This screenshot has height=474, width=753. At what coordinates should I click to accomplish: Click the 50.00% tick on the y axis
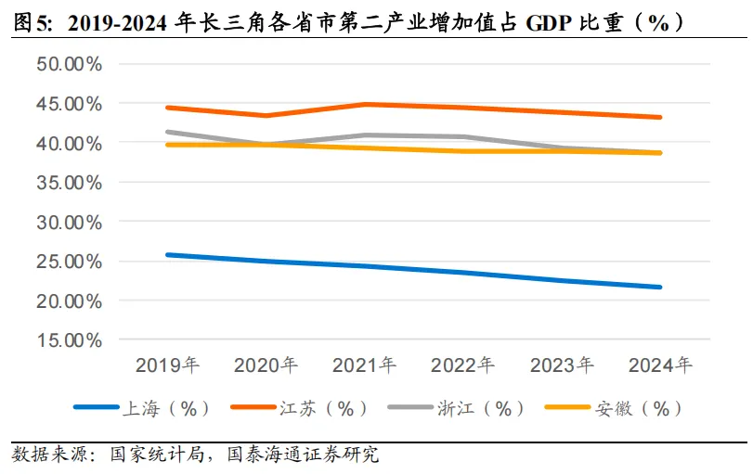click(x=69, y=64)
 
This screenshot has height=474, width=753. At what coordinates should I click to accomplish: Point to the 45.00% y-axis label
click(x=69, y=104)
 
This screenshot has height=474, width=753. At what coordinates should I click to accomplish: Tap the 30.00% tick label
click(x=69, y=223)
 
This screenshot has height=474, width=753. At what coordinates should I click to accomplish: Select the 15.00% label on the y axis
click(x=69, y=340)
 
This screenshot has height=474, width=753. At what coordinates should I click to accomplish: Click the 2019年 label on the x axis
click(x=167, y=365)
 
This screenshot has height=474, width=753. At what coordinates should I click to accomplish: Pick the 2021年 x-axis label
click(x=365, y=365)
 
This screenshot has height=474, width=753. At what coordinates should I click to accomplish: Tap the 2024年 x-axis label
click(x=660, y=365)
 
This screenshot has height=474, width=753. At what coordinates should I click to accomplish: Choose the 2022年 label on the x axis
click(x=463, y=365)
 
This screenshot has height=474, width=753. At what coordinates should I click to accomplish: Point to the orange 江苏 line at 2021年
click(x=365, y=104)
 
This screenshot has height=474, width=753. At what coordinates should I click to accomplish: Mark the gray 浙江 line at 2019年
click(x=167, y=132)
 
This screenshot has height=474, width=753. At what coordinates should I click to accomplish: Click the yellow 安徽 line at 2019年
click(x=167, y=145)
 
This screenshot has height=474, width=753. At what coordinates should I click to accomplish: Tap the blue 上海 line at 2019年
click(x=167, y=254)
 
